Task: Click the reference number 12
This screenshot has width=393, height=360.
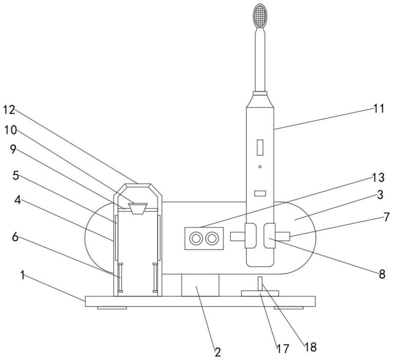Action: coord(9,110)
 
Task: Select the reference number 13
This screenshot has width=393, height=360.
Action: coord(378,178)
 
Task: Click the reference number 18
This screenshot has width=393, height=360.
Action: coord(310,347)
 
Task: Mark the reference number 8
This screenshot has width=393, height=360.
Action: coord(382,274)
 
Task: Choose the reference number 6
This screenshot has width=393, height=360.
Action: coord(15,237)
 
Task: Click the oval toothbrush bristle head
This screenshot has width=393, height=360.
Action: coord(260,16)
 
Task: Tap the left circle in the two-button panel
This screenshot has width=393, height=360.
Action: coord(196,238)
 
